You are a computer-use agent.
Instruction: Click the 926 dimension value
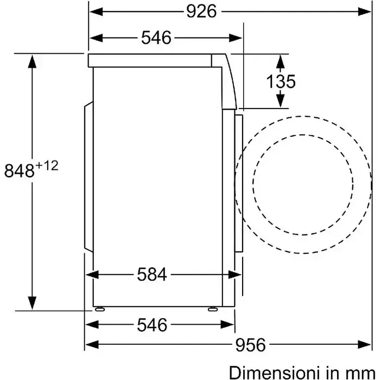[201, 11]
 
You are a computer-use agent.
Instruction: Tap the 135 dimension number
[281, 81]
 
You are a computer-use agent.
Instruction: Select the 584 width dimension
[152, 274]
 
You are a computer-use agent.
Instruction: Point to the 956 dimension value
[251, 345]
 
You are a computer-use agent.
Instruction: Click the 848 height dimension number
[20, 170]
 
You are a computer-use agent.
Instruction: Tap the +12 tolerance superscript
[47, 166]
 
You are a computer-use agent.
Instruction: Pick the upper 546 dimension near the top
[156, 38]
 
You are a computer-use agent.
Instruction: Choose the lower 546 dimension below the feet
[152, 325]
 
